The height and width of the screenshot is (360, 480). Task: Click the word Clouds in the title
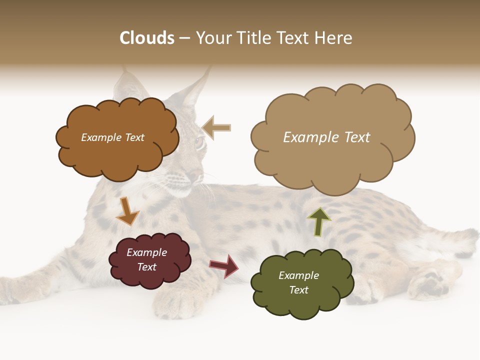click(147, 38)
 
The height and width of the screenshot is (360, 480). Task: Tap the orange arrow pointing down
click(127, 211)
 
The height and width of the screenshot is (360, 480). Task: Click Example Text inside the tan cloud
click(326, 137)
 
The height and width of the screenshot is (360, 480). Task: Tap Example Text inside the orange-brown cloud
click(112, 137)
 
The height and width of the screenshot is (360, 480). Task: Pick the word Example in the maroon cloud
click(146, 252)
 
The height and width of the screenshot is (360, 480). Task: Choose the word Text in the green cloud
click(298, 290)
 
